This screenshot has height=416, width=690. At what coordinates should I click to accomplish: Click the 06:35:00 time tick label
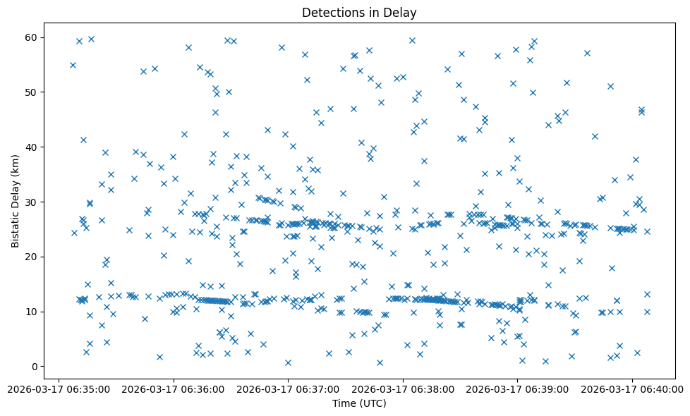coord(59,389)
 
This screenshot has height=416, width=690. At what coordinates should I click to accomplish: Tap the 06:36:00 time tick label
coord(174,389)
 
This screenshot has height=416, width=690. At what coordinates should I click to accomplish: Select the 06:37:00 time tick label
coord(288,389)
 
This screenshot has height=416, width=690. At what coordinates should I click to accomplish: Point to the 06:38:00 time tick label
coord(403,389)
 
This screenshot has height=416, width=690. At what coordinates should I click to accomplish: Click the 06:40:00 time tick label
coord(632,389)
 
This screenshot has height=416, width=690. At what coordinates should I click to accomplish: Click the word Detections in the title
coord(332,12)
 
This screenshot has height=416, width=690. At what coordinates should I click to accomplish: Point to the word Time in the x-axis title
coord(344,404)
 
